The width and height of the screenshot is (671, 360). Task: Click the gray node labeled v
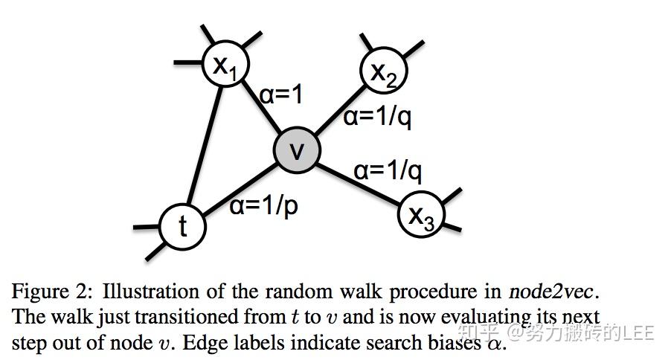point(297,150)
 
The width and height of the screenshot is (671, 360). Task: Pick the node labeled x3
point(421,215)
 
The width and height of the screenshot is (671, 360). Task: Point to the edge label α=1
point(281,96)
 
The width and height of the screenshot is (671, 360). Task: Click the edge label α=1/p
point(263,205)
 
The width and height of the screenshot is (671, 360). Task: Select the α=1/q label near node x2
point(377,118)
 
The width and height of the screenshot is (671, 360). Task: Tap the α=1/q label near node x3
point(388,171)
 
